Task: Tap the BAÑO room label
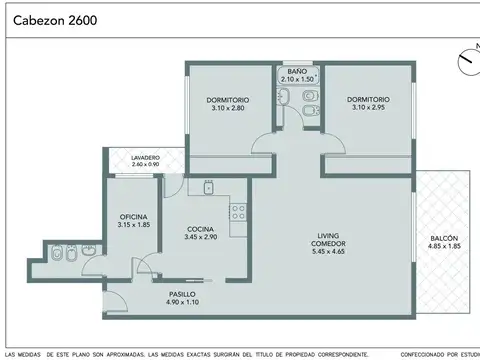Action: pyautogui.click(x=297, y=71)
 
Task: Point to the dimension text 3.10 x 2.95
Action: pyautogui.click(x=368, y=108)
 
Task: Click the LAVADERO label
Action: pyautogui.click(x=145, y=157)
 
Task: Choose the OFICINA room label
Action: pyautogui.click(x=134, y=217)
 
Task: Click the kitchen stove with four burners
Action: pyautogui.click(x=239, y=211)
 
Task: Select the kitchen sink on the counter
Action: pyautogui.click(x=209, y=187)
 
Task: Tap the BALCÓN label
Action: pyautogui.click(x=445, y=238)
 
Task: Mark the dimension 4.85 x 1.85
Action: pyautogui.click(x=445, y=247)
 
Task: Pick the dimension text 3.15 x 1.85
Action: pyautogui.click(x=134, y=226)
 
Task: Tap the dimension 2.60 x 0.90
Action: pyautogui.click(x=145, y=164)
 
